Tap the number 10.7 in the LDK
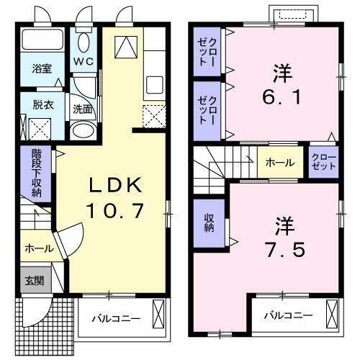tap(117, 210)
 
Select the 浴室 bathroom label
tap(42, 69)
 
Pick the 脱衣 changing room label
tap(42, 104)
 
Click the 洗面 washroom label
tap(83, 110)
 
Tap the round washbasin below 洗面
tap(84, 132)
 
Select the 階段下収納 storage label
tap(36, 174)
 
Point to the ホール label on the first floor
tap(38, 248)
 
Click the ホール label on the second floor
tap(279, 163)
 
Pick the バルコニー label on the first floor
tap(117, 318)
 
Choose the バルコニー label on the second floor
tap(287, 315)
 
